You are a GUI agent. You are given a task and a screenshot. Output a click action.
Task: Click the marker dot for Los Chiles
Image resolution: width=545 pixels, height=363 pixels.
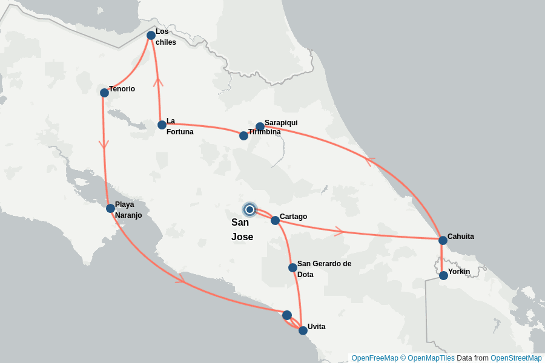coord(151,36)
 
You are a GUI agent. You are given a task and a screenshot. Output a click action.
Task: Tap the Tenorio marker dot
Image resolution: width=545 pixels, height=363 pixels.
coord(104,93)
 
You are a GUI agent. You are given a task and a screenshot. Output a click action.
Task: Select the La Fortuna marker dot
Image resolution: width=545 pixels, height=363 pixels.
coord(162,125)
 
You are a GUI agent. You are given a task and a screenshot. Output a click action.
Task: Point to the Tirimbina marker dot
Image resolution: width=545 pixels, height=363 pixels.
coord(243,136)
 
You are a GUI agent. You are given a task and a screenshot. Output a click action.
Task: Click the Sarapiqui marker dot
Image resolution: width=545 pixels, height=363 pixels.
coord(260,126)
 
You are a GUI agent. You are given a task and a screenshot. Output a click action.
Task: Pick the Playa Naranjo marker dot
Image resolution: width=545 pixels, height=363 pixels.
coord(110,209)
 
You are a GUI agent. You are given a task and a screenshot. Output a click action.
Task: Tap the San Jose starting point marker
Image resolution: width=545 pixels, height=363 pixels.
coord(249,209)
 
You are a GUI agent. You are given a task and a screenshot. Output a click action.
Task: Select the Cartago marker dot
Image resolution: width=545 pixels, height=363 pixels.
coord(275,220)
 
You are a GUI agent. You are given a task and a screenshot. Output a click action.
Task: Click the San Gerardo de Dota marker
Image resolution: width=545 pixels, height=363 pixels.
coord(292,267)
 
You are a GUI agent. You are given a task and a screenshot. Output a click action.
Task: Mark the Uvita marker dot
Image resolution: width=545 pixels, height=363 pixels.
coord(303,330)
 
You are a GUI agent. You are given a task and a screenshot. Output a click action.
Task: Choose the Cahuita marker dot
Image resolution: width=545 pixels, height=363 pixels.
coord(443,240)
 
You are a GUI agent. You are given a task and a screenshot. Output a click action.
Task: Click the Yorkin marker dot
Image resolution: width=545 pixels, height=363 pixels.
coord(443,275)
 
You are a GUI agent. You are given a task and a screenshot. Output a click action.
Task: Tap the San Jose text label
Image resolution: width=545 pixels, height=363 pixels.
coord(242,230)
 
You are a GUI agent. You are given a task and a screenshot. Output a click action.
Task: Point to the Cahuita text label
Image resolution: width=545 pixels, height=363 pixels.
coord(461,237)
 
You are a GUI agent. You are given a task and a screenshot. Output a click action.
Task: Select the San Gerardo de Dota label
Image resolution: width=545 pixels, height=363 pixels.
coord(324,269)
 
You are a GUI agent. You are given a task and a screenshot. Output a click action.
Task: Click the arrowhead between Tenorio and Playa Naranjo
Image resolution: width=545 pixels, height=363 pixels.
coord(104,145)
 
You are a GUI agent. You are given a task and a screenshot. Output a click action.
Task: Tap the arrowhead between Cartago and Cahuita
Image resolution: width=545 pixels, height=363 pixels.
coord(339,231)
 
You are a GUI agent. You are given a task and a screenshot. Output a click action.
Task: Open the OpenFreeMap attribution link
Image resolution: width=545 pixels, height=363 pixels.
coord(375,358)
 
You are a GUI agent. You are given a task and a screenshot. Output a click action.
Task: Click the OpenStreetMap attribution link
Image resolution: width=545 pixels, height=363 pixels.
coord(516,358)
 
